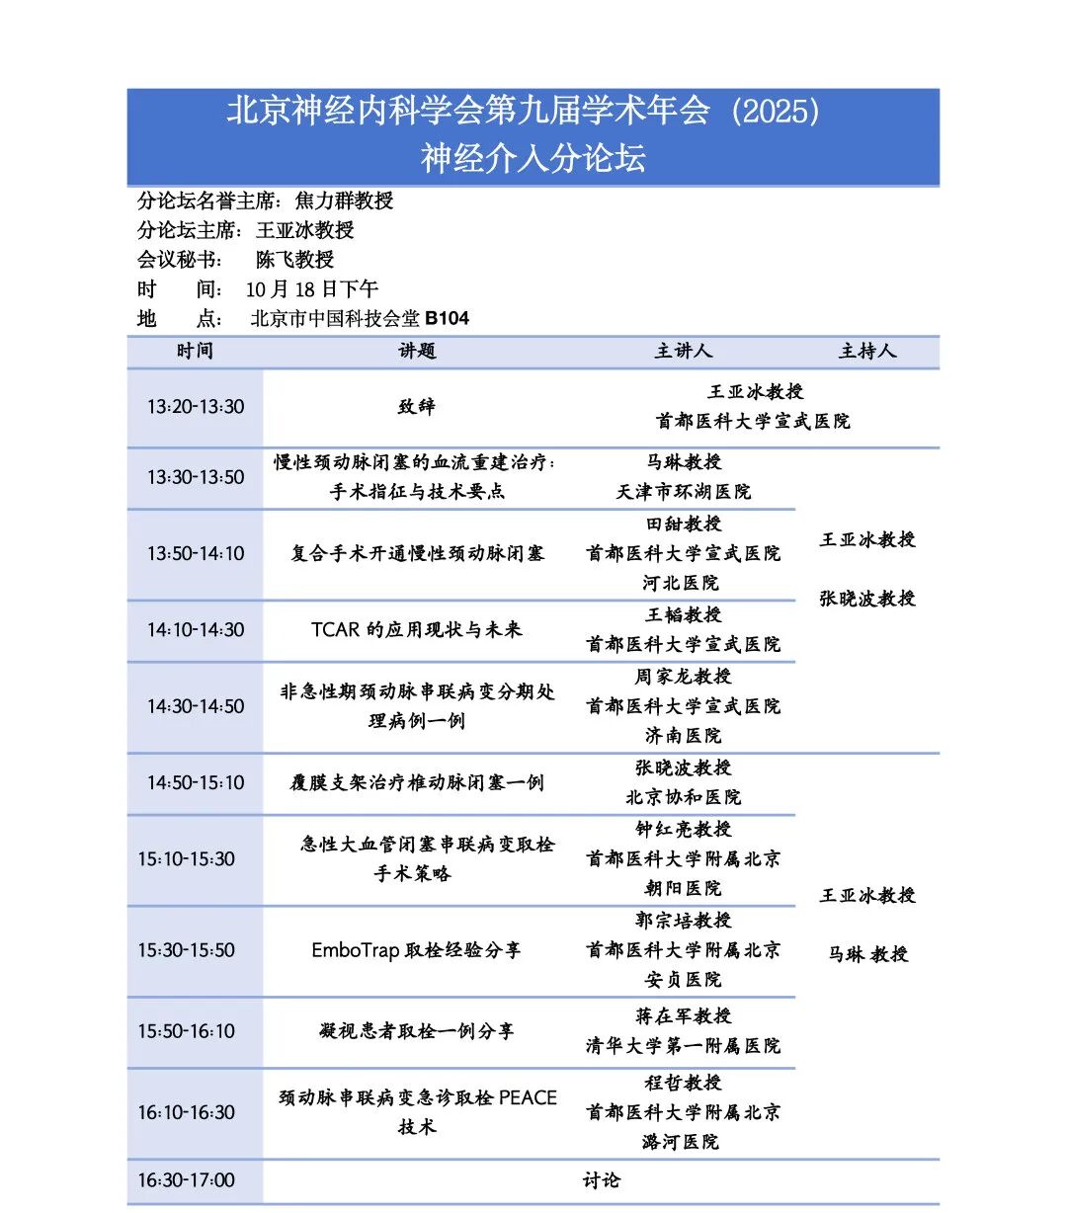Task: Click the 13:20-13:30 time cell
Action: (196, 407)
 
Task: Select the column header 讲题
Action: (416, 352)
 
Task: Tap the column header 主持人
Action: (866, 352)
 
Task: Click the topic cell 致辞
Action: (416, 407)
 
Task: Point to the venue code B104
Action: (447, 319)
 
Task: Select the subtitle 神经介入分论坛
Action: (533, 158)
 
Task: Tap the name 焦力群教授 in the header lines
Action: (344, 201)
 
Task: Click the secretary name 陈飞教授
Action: (294, 260)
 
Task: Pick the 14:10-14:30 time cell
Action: (196, 630)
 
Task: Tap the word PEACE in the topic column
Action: (528, 1098)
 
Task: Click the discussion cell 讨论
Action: (601, 1180)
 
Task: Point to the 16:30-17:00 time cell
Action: (186, 1180)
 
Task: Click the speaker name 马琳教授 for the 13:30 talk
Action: (684, 462)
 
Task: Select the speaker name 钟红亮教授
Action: (684, 830)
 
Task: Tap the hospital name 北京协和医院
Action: (684, 797)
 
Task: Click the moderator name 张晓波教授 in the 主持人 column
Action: (866, 599)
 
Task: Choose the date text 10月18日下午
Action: (311, 289)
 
